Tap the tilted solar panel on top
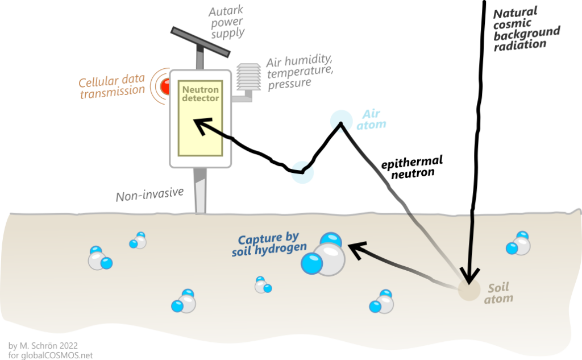pyautogui.click(x=199, y=42)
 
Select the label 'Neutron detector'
pyautogui.click(x=200, y=94)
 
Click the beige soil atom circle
pyautogui.click(x=468, y=290)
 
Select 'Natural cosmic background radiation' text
pyautogui.click(x=526, y=30)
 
